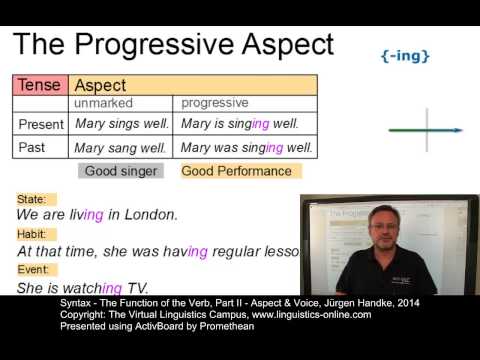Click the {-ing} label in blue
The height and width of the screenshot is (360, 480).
(406, 56)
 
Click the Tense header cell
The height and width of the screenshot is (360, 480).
(40, 86)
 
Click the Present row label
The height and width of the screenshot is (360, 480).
(41, 124)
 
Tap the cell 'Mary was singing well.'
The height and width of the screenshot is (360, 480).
(247, 148)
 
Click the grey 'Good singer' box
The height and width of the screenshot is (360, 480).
(121, 171)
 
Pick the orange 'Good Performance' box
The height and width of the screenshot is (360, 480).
(236, 171)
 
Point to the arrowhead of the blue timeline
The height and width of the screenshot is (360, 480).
(459, 130)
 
